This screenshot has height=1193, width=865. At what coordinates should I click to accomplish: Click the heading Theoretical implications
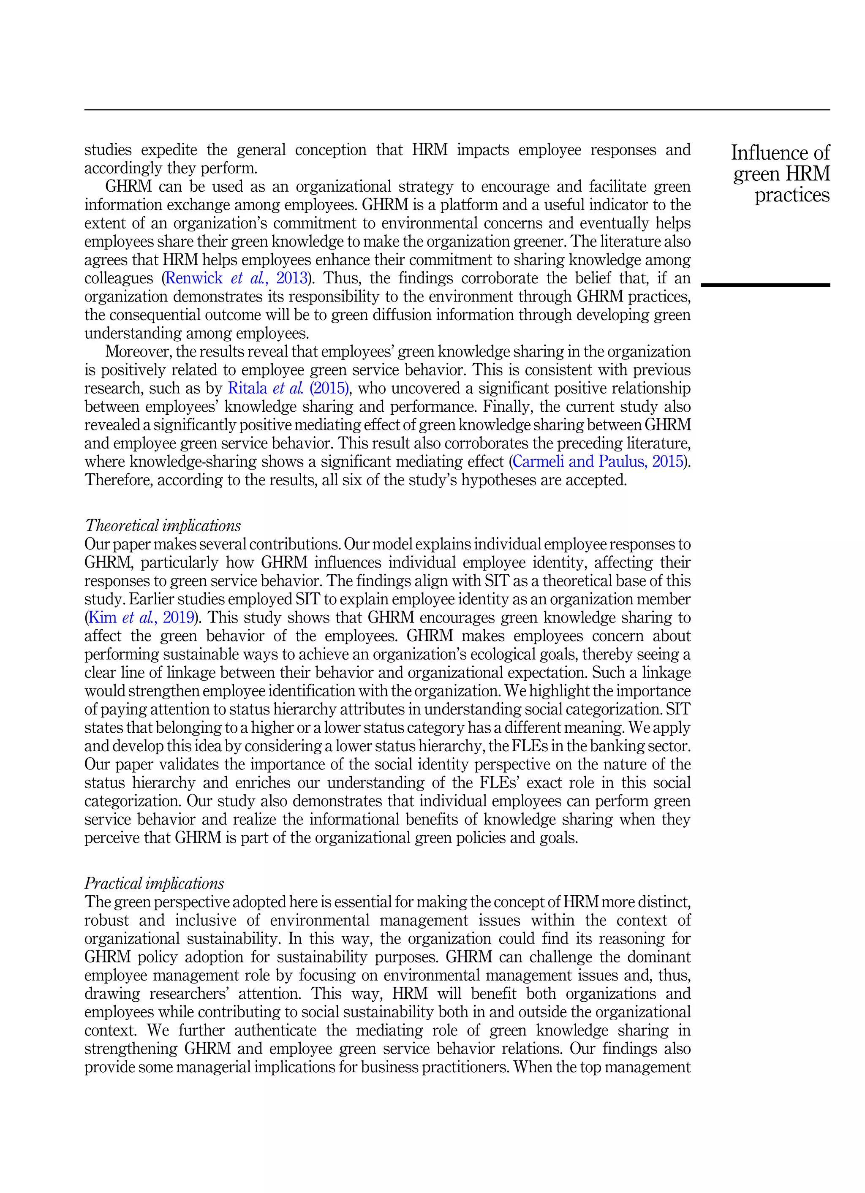coord(163,525)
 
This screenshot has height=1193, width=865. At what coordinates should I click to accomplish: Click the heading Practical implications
coord(154,883)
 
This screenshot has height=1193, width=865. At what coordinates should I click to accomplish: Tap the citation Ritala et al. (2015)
coord(288,388)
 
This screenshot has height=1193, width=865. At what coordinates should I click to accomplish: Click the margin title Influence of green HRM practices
coord(781,174)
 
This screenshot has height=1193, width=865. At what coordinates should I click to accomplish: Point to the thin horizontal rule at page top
coord(457,110)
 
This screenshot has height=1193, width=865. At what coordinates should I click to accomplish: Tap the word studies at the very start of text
coord(107,150)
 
